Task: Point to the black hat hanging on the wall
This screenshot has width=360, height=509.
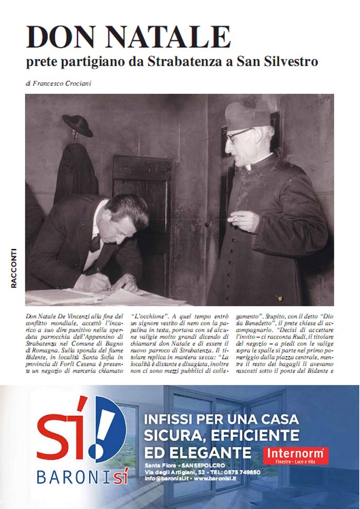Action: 77,125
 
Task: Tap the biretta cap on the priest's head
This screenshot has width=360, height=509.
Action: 247,114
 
